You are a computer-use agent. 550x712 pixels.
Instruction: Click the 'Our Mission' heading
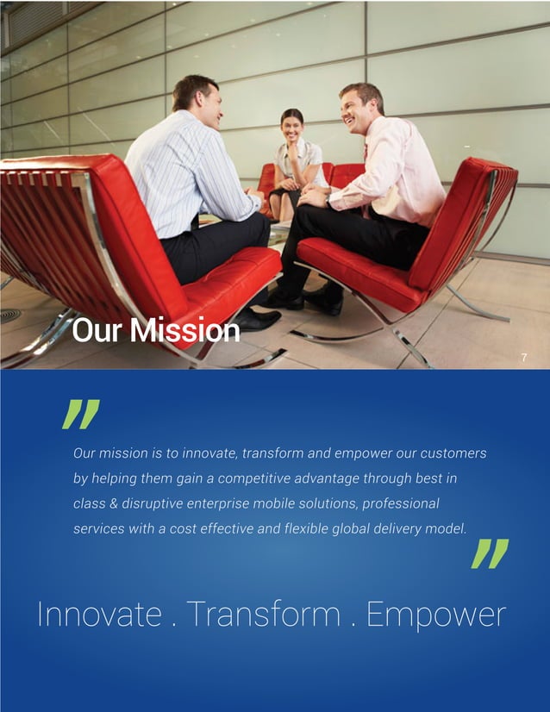[x=156, y=331]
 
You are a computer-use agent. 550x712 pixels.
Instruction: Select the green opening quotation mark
[x=82, y=414]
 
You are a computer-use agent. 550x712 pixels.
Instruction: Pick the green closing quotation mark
[x=491, y=553]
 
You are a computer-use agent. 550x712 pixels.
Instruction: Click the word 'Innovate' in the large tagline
[x=99, y=615]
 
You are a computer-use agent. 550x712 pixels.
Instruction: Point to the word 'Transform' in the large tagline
[x=264, y=615]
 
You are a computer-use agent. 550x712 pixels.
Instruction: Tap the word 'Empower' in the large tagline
[x=435, y=615]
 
